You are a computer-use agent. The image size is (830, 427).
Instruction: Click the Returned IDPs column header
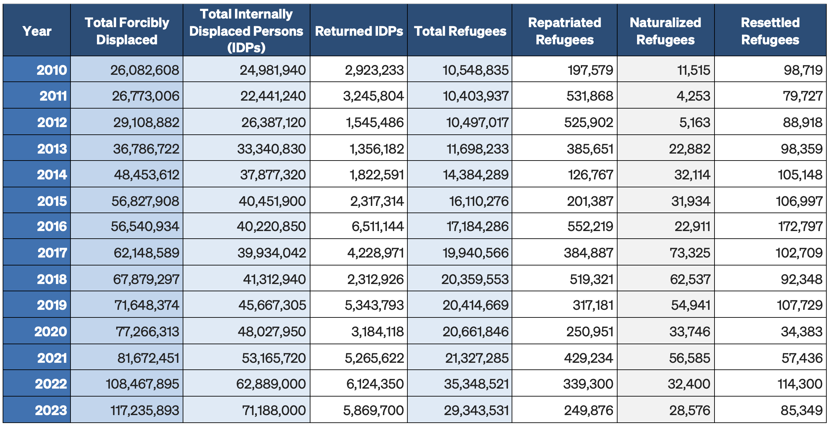pos(359,31)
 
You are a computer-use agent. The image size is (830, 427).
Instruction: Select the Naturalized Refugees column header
pos(666,31)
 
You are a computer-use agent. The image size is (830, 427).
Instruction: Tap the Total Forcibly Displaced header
pos(127,31)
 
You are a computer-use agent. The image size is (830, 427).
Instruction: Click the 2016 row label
pos(52,226)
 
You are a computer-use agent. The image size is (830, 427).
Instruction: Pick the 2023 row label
pos(51,410)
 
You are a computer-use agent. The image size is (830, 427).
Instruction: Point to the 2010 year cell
pos(52,70)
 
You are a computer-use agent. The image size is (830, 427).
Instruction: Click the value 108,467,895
pos(142,384)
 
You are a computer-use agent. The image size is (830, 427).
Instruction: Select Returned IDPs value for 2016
pos(378,226)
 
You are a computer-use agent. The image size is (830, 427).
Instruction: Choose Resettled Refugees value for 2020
pos(802,332)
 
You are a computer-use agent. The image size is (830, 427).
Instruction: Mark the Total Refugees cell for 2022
pos(476,384)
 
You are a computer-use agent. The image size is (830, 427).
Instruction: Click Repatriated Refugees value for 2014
pos(590,175)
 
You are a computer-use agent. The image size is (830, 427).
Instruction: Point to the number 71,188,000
pos(274,410)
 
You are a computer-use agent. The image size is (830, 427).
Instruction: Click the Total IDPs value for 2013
pos(271,149)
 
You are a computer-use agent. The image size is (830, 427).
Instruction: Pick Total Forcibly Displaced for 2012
pos(146,122)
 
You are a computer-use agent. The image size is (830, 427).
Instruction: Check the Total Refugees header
pos(460,31)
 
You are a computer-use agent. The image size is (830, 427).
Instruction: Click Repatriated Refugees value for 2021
pos(588,358)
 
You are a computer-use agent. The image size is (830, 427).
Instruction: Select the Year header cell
pos(37,31)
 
